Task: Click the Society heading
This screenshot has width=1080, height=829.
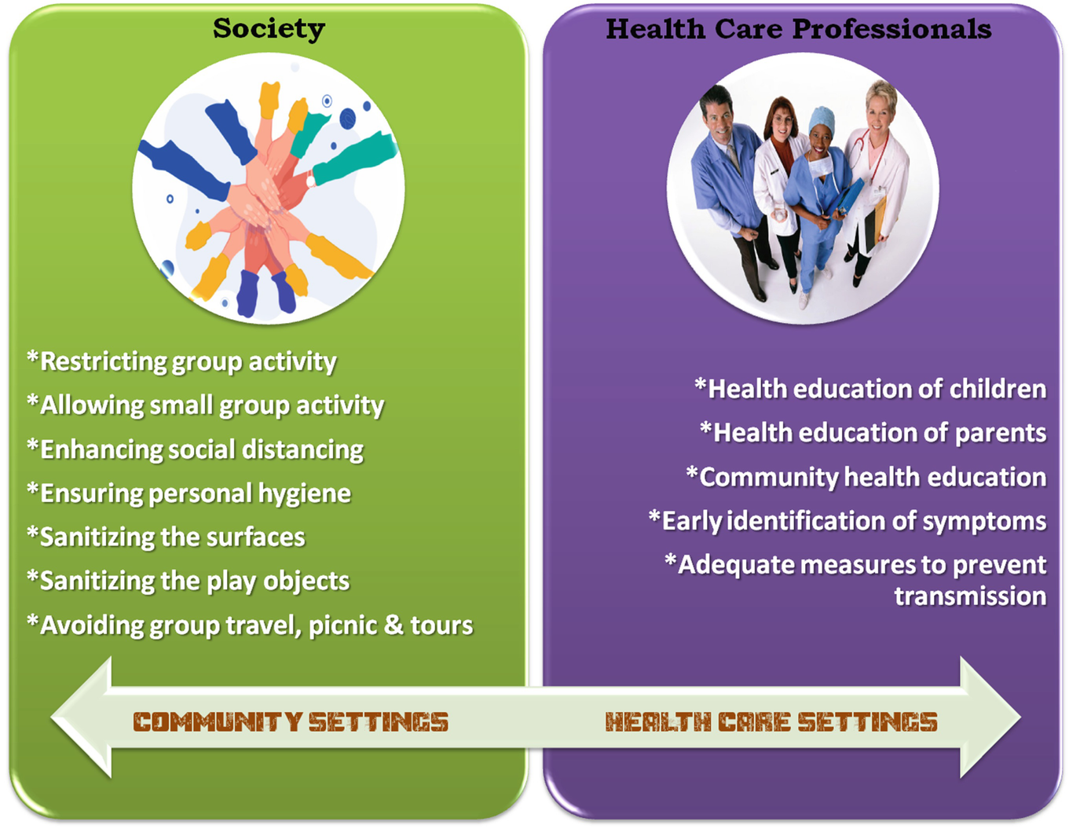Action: (x=269, y=29)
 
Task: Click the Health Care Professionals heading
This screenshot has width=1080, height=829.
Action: (x=798, y=29)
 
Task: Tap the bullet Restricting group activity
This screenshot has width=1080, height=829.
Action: (x=182, y=361)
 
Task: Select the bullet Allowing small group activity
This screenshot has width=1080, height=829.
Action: (x=206, y=405)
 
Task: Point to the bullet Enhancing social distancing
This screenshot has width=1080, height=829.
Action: (x=196, y=449)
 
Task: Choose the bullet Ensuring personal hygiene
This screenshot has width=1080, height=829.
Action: (x=189, y=493)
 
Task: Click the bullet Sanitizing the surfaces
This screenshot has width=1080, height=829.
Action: (x=166, y=537)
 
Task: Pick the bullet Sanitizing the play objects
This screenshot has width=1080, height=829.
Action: (x=189, y=581)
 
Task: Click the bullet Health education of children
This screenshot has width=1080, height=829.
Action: (x=870, y=389)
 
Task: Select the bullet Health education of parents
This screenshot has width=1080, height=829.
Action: (x=873, y=433)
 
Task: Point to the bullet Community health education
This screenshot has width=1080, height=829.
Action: (x=866, y=477)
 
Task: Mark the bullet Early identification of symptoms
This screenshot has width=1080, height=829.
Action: (x=848, y=521)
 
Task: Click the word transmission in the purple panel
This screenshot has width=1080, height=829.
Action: (x=970, y=596)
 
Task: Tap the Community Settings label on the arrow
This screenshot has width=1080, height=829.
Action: (x=291, y=722)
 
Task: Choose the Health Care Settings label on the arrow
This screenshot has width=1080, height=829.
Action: (x=771, y=722)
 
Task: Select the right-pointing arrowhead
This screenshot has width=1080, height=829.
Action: (x=990, y=717)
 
